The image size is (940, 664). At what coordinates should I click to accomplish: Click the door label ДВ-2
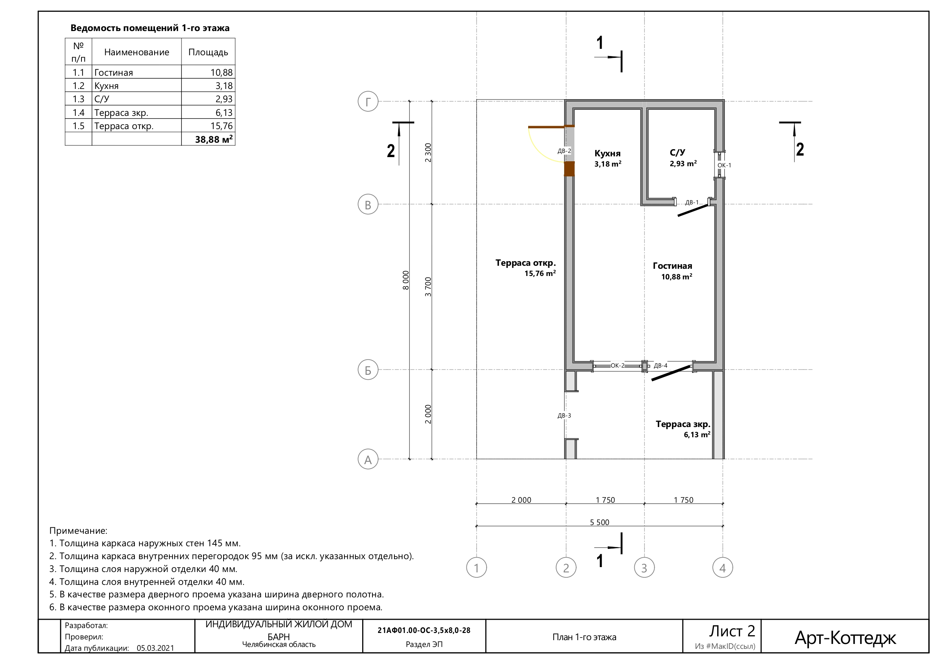564,151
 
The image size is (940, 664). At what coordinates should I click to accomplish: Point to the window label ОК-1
724,165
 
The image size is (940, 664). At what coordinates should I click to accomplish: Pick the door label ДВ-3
564,416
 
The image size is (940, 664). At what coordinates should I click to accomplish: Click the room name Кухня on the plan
608,153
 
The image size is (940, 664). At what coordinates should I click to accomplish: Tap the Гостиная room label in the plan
672,266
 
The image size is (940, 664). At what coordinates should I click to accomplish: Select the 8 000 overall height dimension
406,280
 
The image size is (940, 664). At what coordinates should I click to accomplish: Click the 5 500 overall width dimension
599,522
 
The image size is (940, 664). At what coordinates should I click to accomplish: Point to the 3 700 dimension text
428,287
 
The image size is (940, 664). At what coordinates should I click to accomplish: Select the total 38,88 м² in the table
214,139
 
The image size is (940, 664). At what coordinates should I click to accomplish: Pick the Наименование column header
137,52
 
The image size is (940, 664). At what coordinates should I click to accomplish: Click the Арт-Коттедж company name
845,638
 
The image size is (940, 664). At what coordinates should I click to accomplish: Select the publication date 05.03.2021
155,648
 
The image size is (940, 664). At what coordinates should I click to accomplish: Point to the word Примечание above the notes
78,531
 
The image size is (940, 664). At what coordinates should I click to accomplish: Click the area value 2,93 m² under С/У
683,163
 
